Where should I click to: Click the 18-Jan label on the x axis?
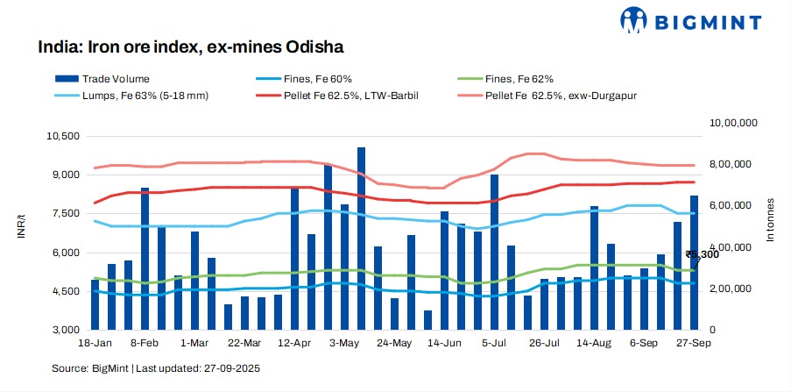(94, 343)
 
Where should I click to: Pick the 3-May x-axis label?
(343, 343)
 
